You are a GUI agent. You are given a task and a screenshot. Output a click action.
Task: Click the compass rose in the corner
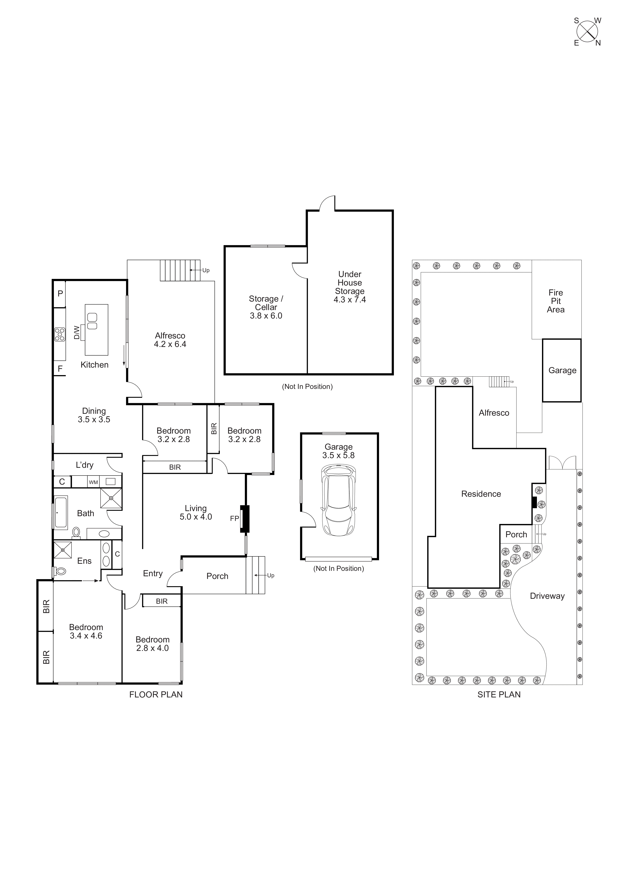[587, 32]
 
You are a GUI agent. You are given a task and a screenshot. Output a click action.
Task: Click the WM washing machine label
[93, 483]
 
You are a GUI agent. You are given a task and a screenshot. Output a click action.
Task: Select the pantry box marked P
[60, 294]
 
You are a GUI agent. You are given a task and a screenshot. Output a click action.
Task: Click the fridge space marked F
[60, 369]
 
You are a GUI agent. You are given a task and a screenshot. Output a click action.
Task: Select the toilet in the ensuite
[60, 571]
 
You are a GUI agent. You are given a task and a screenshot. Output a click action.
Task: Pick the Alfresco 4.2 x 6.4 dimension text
[170, 344]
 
